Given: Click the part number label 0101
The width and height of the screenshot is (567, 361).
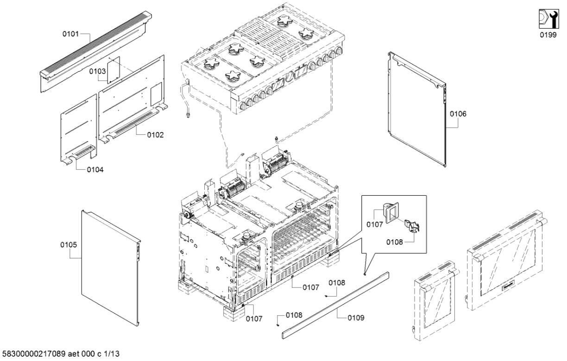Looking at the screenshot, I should [x=71, y=34].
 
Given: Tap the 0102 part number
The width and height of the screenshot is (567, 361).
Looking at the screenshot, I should [x=156, y=135].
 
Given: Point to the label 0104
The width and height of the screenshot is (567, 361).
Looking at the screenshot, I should [x=95, y=170].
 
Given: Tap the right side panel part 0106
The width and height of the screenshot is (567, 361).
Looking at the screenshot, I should [x=417, y=111].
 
